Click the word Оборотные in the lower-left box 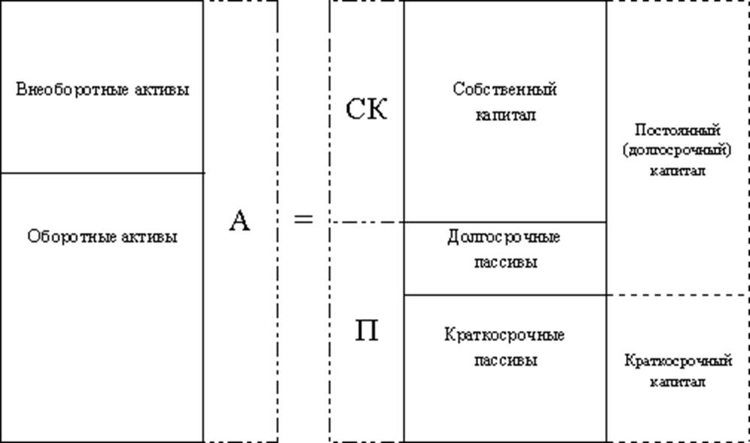tap(62, 237)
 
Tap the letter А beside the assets tap(239, 221)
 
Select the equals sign tap(303, 220)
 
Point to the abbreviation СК tap(366, 110)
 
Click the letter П tap(366, 330)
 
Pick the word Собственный tap(505, 89)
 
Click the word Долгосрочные tap(504, 237)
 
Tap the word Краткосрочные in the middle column tap(504, 334)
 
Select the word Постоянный tap(678, 130)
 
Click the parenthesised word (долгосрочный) tap(678, 149)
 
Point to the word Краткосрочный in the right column tap(678, 361)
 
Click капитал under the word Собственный tap(505, 116)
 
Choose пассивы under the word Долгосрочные tap(505, 263)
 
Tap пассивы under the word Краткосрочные tap(505, 360)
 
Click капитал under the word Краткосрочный tap(678, 381)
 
